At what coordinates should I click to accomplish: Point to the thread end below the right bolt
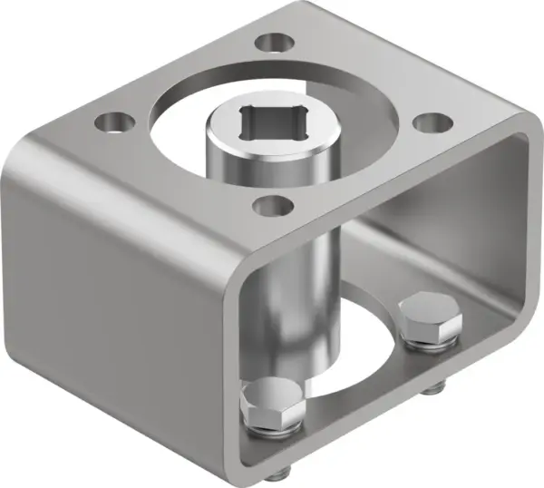click(433, 390)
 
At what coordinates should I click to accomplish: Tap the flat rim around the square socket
click(232, 136)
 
